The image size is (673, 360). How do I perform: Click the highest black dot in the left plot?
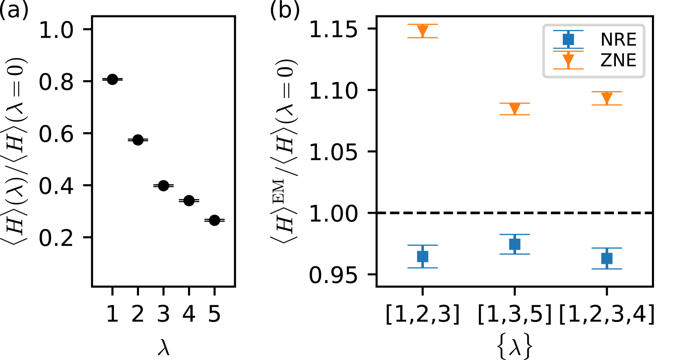pos(112,79)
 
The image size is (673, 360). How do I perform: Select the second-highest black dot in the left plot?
pos(138,140)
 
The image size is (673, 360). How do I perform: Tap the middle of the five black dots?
pos(163,186)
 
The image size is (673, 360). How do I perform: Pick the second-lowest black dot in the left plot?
pos(189,200)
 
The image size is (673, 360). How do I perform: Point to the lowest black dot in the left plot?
pos(214,220)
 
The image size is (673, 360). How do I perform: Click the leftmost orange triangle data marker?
pos(423,30)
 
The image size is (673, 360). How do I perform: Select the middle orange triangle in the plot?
pos(515,108)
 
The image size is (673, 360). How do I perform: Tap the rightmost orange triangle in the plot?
pos(607,98)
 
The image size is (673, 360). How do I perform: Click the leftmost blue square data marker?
pos(423,256)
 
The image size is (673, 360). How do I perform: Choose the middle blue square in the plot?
pos(515,244)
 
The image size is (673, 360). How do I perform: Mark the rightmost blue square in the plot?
pos(607,258)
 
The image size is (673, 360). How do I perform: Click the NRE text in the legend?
pos(618,40)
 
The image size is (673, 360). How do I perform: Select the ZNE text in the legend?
pos(618,60)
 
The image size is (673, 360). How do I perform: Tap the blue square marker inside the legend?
pos(568,39)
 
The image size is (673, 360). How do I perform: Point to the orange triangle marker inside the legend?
pos(568,60)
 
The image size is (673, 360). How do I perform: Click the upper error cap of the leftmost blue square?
pos(423,245)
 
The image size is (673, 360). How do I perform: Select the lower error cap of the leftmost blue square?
pos(423,268)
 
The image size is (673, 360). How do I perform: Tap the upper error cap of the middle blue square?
pos(515,234)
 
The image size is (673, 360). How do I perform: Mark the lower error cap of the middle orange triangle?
pos(515,115)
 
